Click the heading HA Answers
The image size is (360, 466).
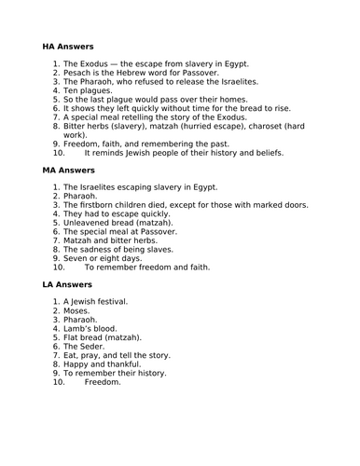(x=67, y=45)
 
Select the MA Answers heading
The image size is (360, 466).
(x=68, y=172)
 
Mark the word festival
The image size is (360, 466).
(x=112, y=302)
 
